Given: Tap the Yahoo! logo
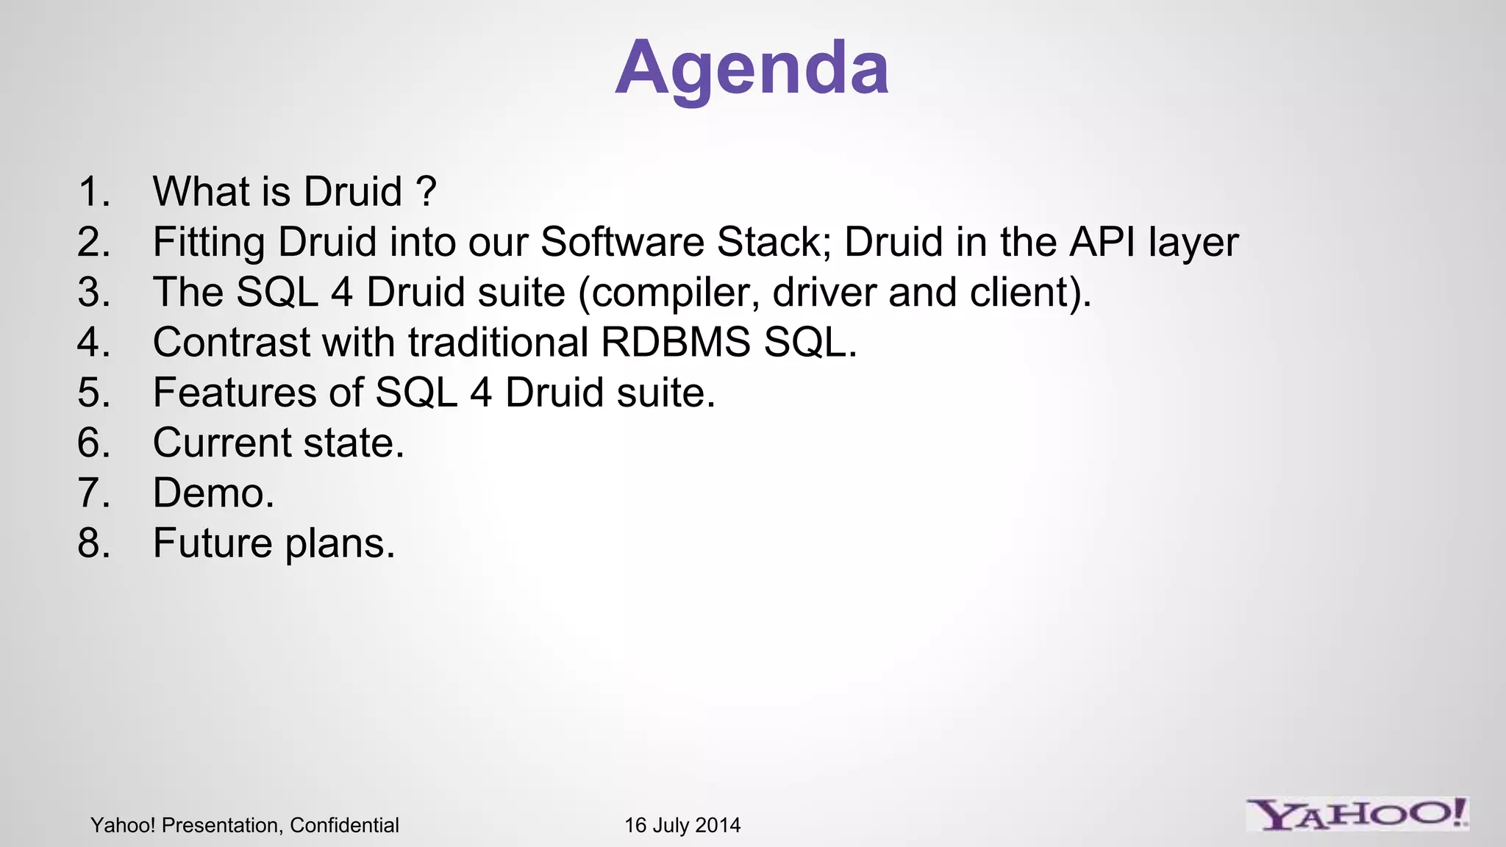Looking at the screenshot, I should point(1357,815).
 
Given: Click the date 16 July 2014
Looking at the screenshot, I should point(682,825).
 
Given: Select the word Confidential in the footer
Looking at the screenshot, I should point(344,825).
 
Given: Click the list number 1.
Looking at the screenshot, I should point(93,192).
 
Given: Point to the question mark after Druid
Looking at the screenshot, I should point(426,192).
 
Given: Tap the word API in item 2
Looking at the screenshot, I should point(1102,242).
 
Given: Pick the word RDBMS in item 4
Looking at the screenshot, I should point(676,343).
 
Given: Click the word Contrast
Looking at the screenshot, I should point(232,343).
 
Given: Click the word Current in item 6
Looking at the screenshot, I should point(222,443).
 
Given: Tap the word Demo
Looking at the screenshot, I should point(213,493).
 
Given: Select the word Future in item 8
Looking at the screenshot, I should point(213,543).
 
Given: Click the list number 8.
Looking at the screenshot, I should point(93,543).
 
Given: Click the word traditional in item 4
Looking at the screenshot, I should point(498,343).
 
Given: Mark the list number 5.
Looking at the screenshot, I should point(93,393).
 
